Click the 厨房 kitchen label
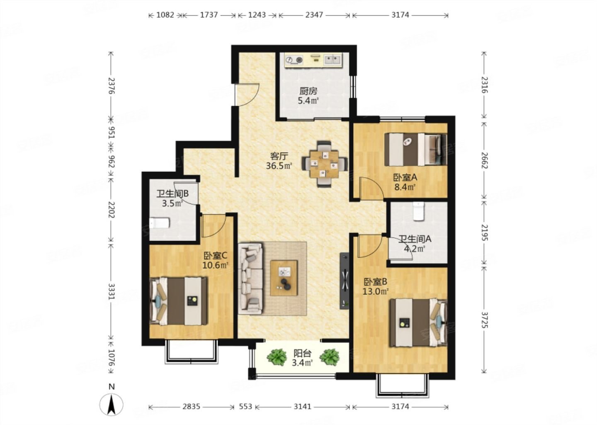[308, 91]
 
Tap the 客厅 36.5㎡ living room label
[279, 161]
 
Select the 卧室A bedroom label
[405, 177]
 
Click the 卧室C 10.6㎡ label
[215, 261]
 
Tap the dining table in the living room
[325, 164]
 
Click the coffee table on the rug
[284, 278]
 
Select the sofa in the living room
[251, 278]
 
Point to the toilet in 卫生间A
[418, 211]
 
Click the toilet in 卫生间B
[159, 223]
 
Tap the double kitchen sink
[332, 59]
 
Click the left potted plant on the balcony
[277, 357]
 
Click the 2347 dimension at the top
[314, 15]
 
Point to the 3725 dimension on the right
[484, 320]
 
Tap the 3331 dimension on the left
[112, 292]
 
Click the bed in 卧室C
[179, 301]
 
